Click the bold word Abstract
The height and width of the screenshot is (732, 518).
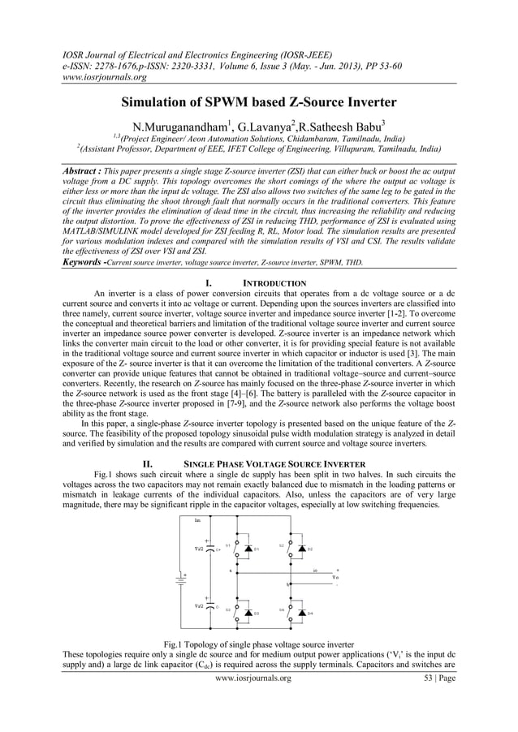(85, 173)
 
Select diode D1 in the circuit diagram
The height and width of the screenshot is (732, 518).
(247, 549)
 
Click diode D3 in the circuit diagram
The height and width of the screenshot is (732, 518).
(247, 613)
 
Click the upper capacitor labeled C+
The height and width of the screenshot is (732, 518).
(209, 549)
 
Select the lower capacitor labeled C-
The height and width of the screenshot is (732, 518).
(209, 605)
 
